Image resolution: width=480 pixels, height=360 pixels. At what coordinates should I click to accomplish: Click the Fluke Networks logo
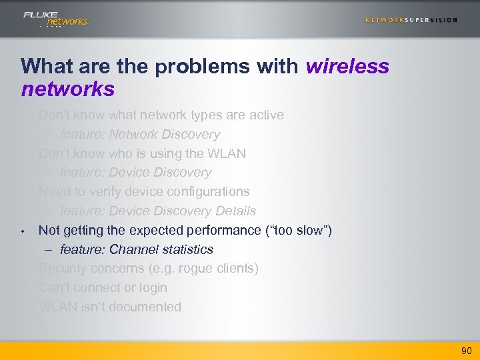[x=55, y=19]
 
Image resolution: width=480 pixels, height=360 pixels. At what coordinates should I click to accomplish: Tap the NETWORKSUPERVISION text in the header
[x=411, y=20]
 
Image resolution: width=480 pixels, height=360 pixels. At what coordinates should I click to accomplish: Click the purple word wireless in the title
[x=347, y=66]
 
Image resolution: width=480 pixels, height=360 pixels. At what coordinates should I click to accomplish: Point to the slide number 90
[x=466, y=351]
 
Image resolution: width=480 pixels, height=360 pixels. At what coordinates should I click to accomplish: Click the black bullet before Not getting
[x=23, y=231]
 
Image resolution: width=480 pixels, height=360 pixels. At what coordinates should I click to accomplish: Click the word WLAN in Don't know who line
[x=227, y=153]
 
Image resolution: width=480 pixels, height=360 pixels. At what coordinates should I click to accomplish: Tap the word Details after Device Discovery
[x=235, y=211]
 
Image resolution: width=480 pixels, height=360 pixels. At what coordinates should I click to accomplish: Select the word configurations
[x=205, y=191]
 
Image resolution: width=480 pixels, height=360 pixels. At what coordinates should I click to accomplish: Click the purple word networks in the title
[x=67, y=89]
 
